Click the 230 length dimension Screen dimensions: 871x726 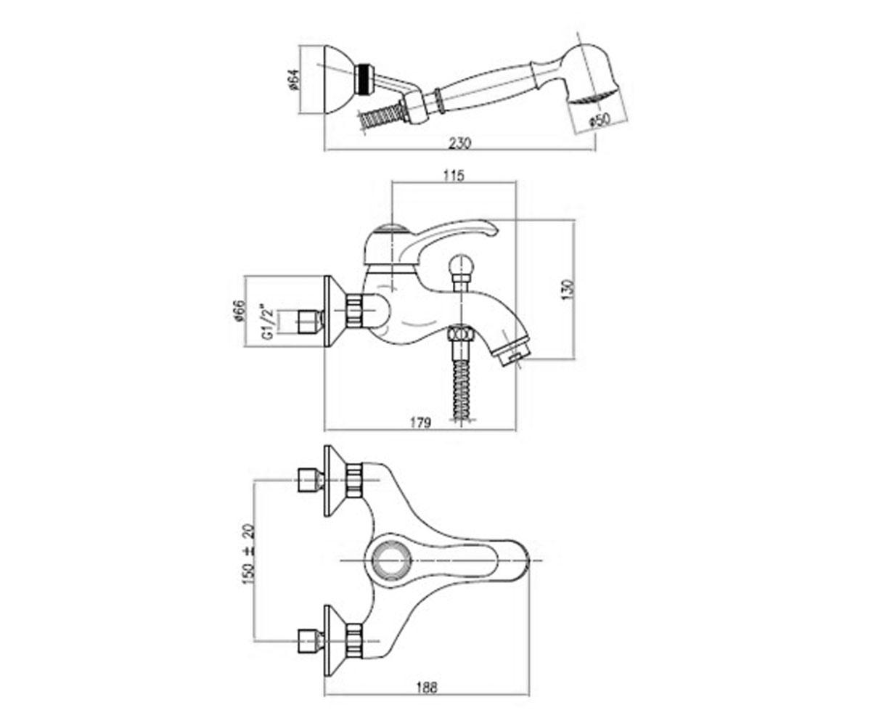point(460,143)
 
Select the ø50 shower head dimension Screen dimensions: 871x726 point(600,121)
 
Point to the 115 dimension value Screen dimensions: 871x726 point(454,176)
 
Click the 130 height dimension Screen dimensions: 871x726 point(568,289)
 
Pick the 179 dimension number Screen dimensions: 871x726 point(420,423)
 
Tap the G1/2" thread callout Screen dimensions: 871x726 point(269,323)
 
